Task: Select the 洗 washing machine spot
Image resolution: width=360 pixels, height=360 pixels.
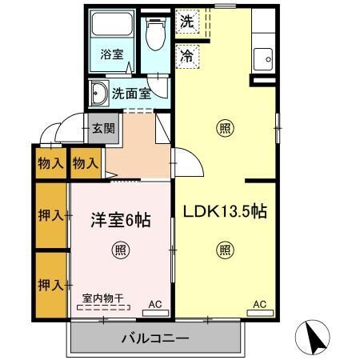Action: pos(186,21)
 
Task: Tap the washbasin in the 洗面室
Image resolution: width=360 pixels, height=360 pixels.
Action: pos(99,93)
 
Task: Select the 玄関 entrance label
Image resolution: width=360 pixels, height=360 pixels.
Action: pos(102,127)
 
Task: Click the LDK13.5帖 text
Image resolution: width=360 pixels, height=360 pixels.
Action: pos(226,211)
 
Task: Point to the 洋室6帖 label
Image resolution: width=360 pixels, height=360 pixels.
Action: pos(121,218)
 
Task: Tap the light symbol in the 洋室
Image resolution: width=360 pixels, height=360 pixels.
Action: pos(119,248)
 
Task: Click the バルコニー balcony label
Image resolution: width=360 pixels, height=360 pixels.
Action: pos(154,336)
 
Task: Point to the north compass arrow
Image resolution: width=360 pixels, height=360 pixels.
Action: pos(314,337)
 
